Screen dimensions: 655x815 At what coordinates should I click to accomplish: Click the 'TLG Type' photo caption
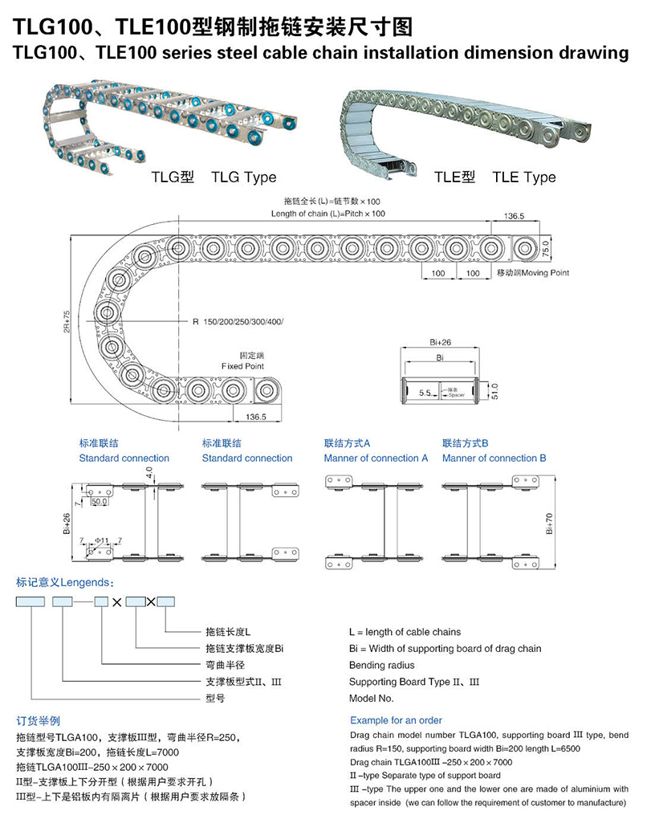pos(243,177)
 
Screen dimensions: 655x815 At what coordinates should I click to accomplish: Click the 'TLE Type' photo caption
pos(524,177)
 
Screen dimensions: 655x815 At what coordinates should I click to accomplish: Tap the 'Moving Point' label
pos(545,272)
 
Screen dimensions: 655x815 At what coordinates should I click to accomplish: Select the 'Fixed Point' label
pos(242,366)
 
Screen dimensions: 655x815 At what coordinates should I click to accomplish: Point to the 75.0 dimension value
pos(545,249)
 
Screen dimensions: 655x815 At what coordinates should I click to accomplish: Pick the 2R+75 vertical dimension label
pos(66,322)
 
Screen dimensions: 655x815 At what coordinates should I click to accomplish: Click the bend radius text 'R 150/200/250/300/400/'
pos(238,322)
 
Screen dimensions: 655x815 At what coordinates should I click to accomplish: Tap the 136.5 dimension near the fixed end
pos(255,417)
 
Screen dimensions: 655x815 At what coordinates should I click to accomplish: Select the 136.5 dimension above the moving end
pos(515,216)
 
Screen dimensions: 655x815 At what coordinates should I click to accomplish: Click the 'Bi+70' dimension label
pos(550,524)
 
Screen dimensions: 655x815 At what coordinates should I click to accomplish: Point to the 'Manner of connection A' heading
pos(376,458)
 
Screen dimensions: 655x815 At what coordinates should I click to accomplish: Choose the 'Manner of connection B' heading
pos(494,458)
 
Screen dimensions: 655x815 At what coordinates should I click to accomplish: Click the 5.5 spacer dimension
pos(425,393)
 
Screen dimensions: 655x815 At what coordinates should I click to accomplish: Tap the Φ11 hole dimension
pos(102,540)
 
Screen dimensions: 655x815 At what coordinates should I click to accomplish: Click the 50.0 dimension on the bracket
pos(100,502)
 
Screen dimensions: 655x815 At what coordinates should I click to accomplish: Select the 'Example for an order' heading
pos(396,720)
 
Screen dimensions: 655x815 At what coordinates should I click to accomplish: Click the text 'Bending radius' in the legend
pos(382,666)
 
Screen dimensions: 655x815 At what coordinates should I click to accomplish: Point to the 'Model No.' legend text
pos(371,698)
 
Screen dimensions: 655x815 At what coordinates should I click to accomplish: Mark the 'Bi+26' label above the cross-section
pos(441,342)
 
